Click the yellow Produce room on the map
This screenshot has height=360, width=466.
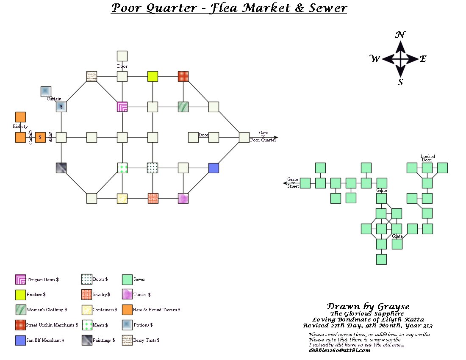tap(153, 76)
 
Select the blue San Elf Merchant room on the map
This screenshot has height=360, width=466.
tap(214, 168)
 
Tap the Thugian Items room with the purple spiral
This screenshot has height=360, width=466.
tap(122, 107)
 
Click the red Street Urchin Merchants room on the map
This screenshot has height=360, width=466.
tap(183, 76)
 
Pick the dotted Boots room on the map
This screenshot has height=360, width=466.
tap(153, 168)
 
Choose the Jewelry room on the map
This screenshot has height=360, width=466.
tap(153, 199)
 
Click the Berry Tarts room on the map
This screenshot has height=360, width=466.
tap(92, 76)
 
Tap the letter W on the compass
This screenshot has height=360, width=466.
tap(375, 59)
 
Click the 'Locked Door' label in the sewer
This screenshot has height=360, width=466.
tap(427, 158)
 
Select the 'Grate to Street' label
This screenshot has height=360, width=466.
tap(293, 183)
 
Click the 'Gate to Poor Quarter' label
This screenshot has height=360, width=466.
tap(263, 136)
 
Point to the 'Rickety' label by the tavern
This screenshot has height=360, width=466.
tap(20, 127)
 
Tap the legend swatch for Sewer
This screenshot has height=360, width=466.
tap(127, 280)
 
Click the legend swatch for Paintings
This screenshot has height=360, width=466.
tap(86, 340)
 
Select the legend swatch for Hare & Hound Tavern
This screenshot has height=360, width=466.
tap(127, 310)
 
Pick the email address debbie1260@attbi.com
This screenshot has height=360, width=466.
tap(339, 350)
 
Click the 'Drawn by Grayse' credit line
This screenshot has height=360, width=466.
tap(368, 306)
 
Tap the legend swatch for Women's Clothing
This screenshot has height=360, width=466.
tap(20, 310)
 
